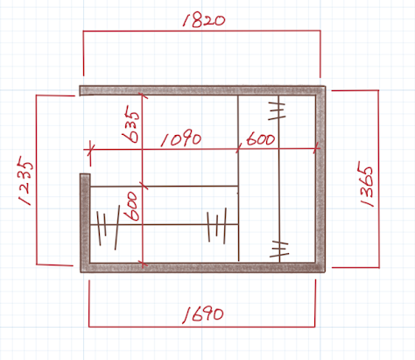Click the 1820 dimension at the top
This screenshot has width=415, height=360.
[204, 20]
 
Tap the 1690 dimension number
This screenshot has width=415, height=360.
[203, 314]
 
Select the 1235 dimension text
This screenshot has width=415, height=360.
[25, 180]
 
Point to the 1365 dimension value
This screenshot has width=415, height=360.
[365, 187]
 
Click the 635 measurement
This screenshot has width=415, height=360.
[130, 124]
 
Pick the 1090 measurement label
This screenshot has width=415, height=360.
[181, 139]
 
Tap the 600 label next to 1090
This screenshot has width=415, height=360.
[261, 138]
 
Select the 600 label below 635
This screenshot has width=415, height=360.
[130, 206]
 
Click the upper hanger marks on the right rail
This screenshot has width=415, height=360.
[277, 111]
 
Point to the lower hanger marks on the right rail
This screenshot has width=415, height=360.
[279, 249]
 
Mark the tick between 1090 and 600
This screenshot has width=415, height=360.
[238, 148]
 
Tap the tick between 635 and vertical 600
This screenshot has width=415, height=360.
[143, 186]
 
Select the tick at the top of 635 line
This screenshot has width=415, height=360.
[143, 95]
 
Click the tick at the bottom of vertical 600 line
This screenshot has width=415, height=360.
[143, 265]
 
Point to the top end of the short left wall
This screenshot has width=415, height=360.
[85, 174]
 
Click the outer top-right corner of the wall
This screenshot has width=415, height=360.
[326, 86]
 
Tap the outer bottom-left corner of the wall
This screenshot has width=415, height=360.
[81, 272]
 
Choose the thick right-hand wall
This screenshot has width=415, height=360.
[320, 179]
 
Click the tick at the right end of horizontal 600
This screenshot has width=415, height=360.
[316, 148]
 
